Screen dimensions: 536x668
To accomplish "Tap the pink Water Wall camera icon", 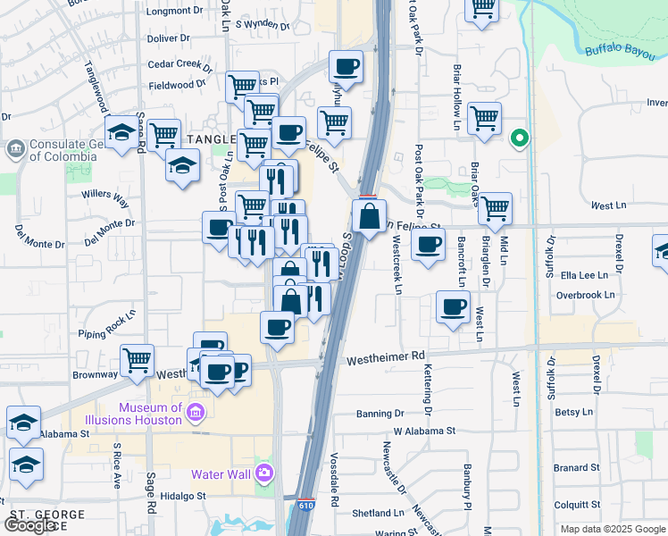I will point(263,473).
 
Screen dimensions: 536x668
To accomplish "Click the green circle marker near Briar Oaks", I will point(519,139).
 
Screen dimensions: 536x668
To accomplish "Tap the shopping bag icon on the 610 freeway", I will point(369,215).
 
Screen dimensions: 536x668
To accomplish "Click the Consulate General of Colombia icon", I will point(15,147).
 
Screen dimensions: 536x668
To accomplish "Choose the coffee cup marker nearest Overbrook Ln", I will point(453,308).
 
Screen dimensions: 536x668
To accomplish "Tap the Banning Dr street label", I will point(380,414).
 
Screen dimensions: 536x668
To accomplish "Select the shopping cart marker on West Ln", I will point(495,209).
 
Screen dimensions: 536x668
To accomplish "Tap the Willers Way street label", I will point(105,194).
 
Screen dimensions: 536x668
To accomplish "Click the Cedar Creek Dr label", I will point(180,65).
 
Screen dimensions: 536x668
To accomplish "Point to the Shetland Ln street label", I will point(379,513).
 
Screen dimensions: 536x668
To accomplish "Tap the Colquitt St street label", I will point(575,504).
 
